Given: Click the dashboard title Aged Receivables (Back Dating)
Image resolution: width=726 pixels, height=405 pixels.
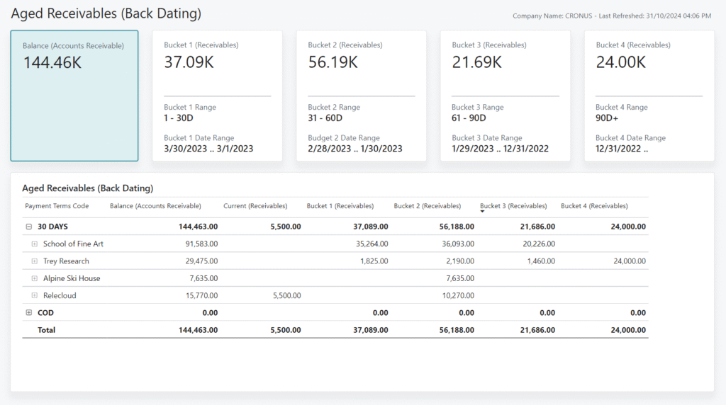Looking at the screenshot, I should tap(106, 13).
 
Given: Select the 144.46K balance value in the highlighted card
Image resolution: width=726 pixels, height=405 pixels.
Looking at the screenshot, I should tap(52, 62).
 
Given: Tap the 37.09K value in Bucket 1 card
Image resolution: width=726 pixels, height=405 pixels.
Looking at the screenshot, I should tap(189, 62).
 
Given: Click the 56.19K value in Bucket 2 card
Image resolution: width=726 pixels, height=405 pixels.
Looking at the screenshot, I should tap(333, 62).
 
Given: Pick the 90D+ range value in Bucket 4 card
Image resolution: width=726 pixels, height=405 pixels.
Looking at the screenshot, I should tap(607, 118).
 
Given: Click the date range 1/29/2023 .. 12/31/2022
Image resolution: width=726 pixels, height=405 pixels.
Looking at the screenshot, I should tap(500, 149).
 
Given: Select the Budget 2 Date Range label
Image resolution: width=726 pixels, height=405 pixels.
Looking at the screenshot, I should tap(343, 138).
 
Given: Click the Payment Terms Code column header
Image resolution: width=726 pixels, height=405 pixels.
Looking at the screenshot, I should tap(57, 206).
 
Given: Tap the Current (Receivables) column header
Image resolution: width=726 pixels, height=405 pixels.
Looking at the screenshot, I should tap(255, 206).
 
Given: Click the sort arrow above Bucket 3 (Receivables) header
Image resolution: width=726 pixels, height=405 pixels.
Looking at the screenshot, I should tap(483, 212).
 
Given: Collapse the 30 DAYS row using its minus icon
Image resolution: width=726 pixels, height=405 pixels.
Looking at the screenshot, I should tap(29, 227).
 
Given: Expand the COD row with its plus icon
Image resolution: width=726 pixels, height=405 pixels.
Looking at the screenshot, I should tap(29, 312).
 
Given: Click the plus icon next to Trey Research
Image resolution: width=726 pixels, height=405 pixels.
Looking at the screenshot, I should tap(35, 261).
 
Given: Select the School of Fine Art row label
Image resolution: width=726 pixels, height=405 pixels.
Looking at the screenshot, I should tap(73, 244).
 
